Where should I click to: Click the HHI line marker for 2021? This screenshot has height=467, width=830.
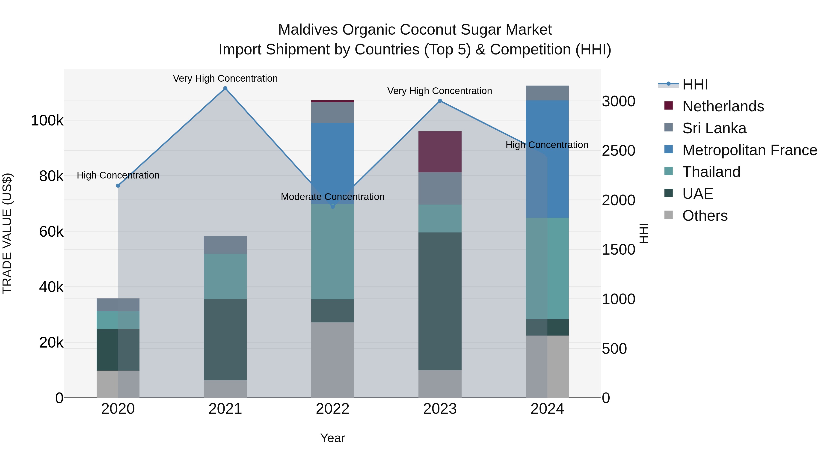[225, 88]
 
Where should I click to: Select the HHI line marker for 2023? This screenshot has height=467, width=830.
[440, 101]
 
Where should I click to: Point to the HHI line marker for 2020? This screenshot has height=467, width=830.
[118, 186]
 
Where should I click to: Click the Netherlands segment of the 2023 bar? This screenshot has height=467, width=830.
[440, 152]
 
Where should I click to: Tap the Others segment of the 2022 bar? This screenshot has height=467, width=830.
[332, 360]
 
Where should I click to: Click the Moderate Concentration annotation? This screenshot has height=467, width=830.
[332, 196]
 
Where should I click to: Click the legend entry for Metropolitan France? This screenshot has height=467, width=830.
[750, 150]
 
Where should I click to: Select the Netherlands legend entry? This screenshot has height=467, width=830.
[723, 106]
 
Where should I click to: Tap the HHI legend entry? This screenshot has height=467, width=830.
[695, 84]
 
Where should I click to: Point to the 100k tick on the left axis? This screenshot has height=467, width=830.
[47, 121]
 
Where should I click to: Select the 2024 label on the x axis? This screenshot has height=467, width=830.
[547, 409]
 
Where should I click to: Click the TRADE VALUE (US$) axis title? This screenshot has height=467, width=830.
[7, 233]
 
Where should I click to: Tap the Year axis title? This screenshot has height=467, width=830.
[332, 438]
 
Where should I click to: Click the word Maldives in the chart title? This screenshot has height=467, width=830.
[307, 30]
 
